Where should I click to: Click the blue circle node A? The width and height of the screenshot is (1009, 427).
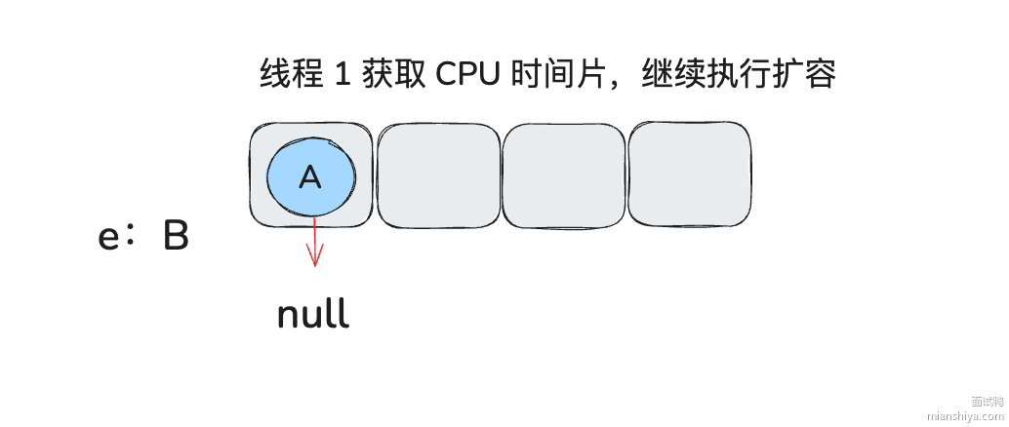pyautogui.click(x=311, y=175)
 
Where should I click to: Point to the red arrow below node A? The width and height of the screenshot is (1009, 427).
pyautogui.click(x=314, y=239)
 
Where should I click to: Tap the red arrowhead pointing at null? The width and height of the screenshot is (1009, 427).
pyautogui.click(x=314, y=257)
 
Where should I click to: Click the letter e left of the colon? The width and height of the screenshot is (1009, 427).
pyautogui.click(x=109, y=238)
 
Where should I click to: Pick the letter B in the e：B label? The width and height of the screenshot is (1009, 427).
pyautogui.click(x=175, y=237)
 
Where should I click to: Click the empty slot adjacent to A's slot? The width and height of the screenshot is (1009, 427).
pyautogui.click(x=437, y=175)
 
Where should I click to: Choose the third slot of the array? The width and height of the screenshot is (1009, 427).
pyautogui.click(x=563, y=175)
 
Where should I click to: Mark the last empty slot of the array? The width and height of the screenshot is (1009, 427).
pyautogui.click(x=689, y=175)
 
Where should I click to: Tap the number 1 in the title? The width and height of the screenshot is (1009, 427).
pyautogui.click(x=342, y=75)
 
